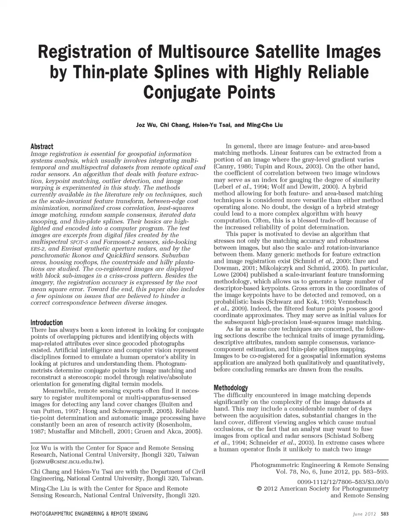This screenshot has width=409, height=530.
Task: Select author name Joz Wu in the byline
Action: point(145,125)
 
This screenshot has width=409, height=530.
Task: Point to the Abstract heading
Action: point(42,146)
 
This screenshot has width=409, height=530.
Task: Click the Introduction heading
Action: point(46,323)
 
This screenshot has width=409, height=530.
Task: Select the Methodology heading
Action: point(230,388)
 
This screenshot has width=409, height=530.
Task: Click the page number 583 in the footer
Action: point(385,514)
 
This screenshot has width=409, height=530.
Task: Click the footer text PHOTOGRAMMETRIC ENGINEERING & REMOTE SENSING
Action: point(89,514)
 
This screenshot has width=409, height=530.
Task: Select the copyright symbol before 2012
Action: point(259,489)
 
